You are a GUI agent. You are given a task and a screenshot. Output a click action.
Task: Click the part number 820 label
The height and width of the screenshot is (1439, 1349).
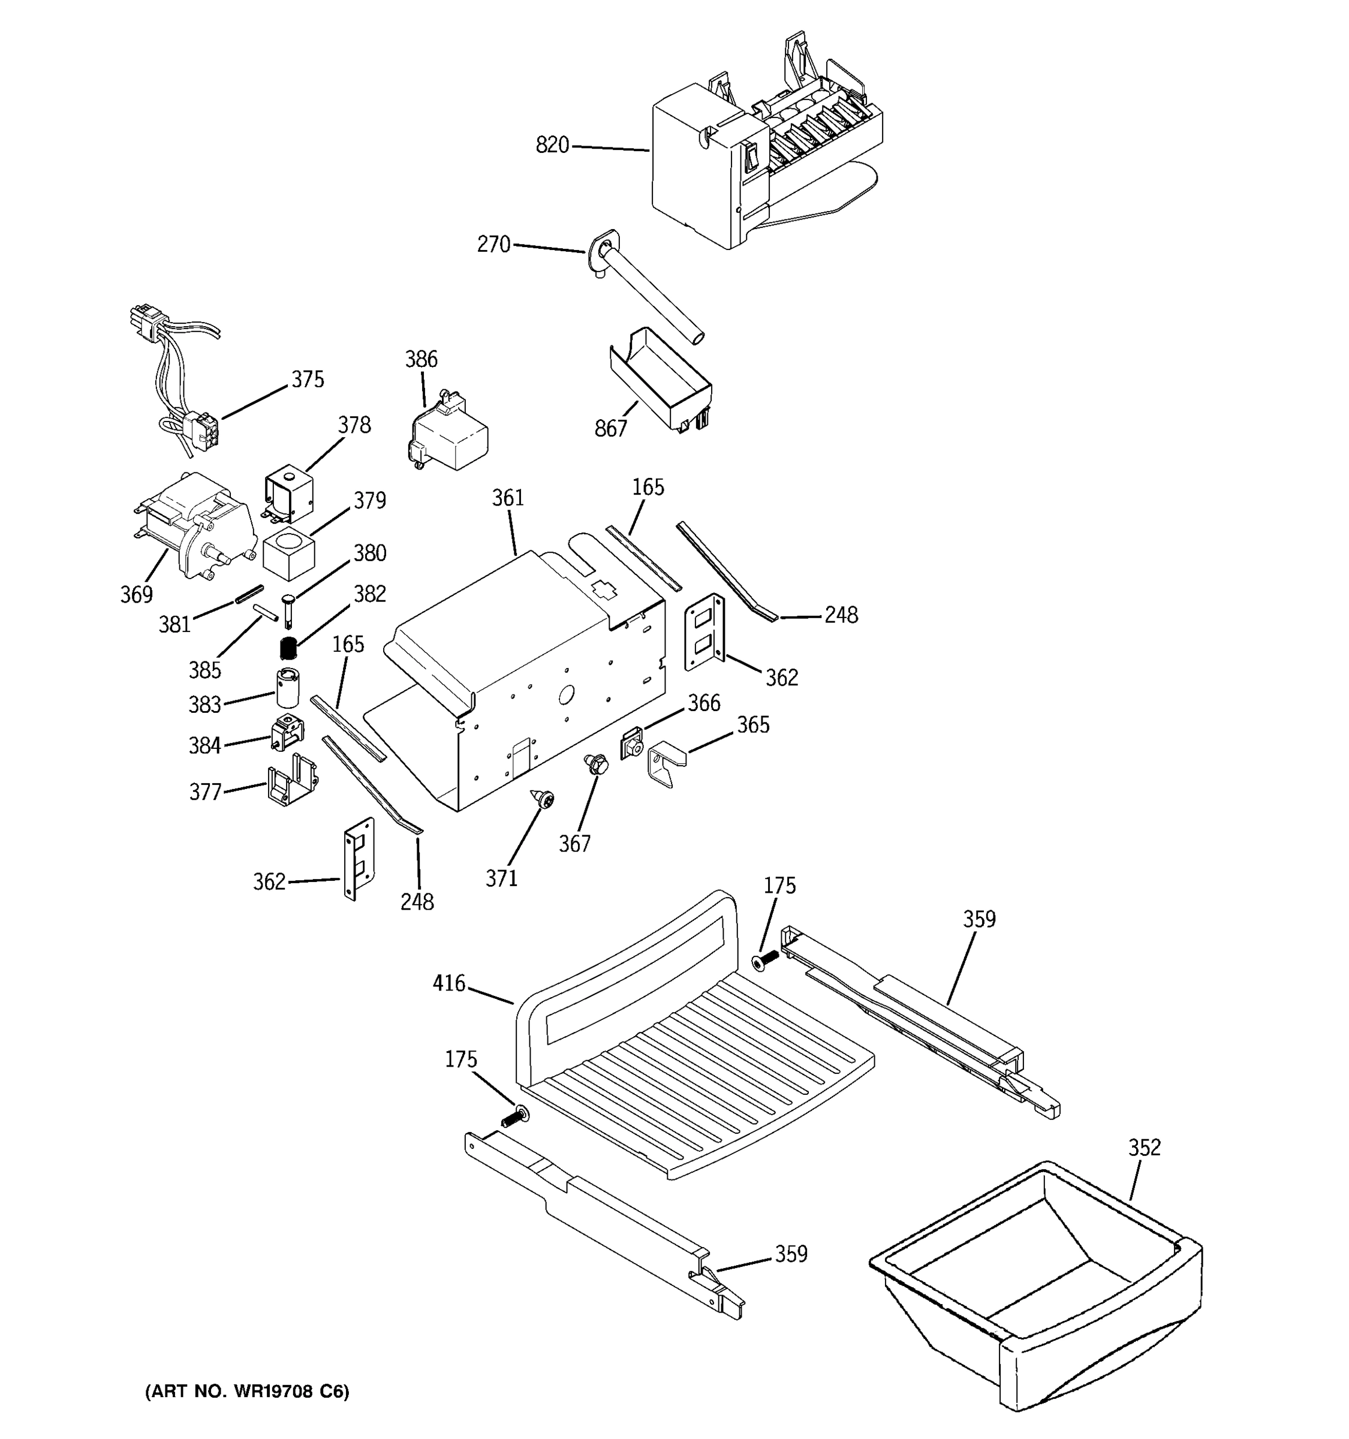(x=552, y=146)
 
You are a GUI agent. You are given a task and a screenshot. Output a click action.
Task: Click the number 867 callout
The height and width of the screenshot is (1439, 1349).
(x=610, y=429)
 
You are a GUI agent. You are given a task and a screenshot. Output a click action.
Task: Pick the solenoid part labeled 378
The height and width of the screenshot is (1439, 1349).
(x=289, y=493)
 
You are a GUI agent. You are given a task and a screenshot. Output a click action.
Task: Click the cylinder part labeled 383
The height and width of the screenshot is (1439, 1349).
(x=288, y=688)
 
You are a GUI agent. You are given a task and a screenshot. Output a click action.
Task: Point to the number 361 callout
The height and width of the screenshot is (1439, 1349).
(x=507, y=498)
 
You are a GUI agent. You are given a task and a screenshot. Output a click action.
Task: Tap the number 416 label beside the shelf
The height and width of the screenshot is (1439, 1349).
(x=448, y=983)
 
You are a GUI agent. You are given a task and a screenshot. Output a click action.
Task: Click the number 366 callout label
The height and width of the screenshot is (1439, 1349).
(x=703, y=703)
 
